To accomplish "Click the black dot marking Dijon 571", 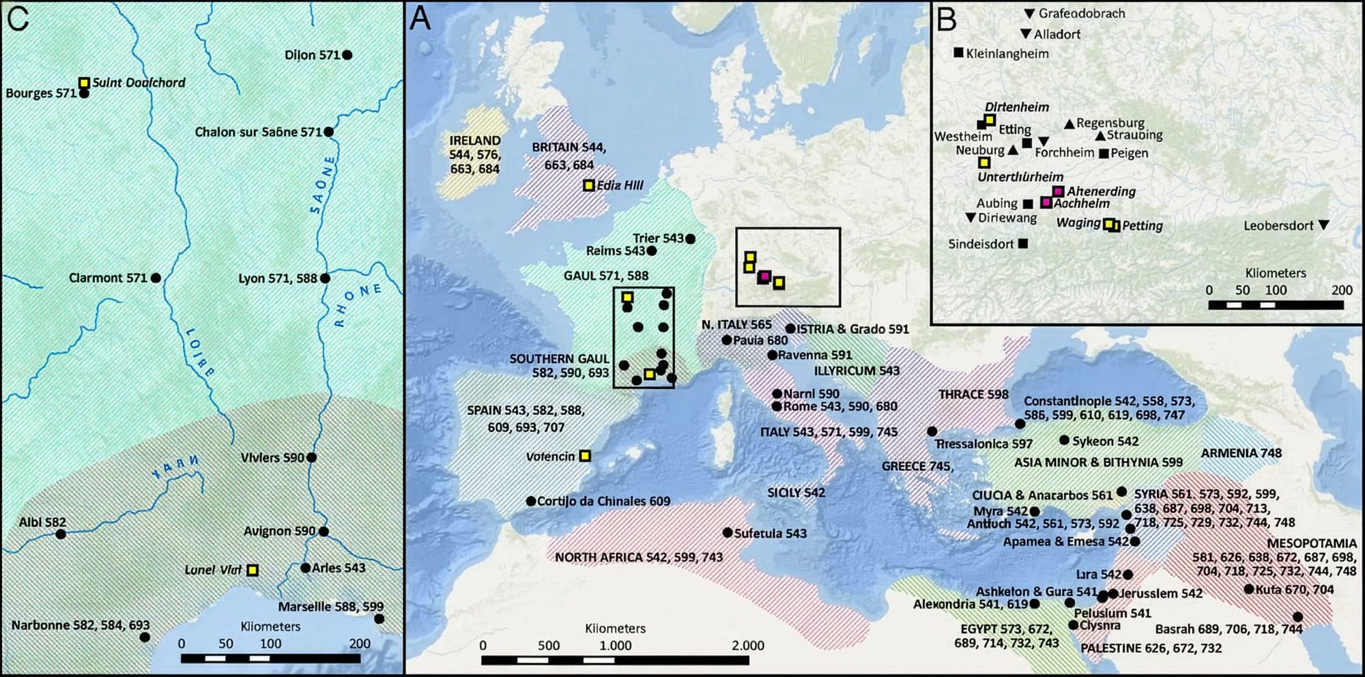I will coord(347,55).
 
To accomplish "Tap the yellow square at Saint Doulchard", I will coord(84,83).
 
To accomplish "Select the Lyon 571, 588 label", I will coord(278,278).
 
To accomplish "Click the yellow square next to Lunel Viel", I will coord(253,570).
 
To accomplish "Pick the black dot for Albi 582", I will coord(61,534).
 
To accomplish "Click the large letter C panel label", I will coord(18,18).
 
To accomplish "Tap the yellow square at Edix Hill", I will coord(589,185).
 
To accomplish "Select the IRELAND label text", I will coord(475,141).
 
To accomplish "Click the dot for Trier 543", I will coord(690,239).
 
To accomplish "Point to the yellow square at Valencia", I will coord(585,456).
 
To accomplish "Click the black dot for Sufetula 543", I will coord(728,533).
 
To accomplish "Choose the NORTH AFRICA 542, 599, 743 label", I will coord(638,558).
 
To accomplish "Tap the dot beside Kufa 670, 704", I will coord(1248,589).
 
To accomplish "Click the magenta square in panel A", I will coord(764,276).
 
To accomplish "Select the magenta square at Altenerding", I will coord(1058,191).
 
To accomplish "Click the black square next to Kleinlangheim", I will coord(958,53).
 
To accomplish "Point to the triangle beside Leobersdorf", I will coord(1323,225).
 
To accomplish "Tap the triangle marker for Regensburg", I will coord(1069,124).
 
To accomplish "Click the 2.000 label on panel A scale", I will coord(748,646).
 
